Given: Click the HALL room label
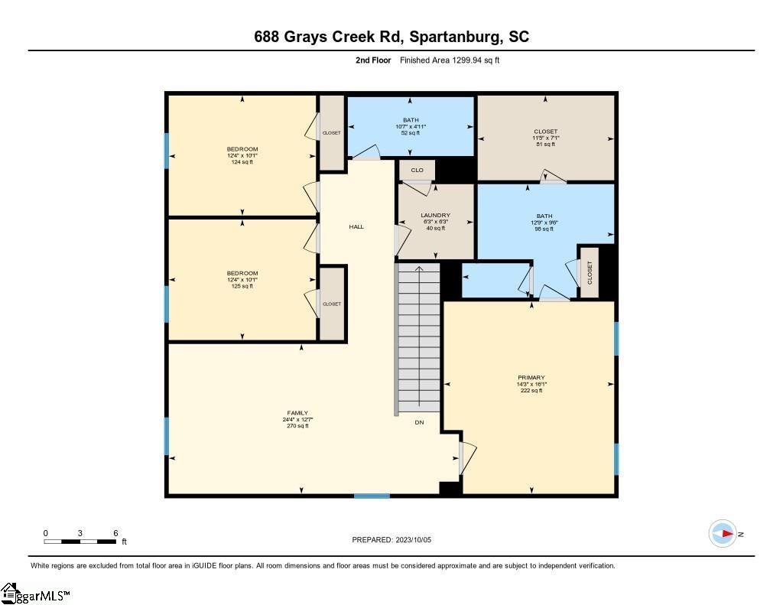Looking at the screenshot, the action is [x=356, y=227].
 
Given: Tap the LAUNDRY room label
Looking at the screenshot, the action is [x=435, y=216].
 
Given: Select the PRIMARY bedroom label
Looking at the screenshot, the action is [x=531, y=378].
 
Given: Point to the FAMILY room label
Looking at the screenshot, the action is [x=297, y=413].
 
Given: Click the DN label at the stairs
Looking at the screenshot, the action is [x=420, y=423].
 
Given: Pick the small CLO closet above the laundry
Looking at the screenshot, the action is [x=417, y=171].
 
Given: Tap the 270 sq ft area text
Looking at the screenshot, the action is [x=297, y=426].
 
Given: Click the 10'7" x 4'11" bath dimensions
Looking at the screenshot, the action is [x=411, y=127].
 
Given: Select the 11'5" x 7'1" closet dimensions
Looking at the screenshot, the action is [x=545, y=138].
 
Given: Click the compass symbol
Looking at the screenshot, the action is [x=723, y=534].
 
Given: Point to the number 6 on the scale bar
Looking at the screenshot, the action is [x=116, y=533].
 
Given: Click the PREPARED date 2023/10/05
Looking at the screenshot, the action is [x=414, y=540].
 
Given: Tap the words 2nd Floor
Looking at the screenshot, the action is [x=373, y=60].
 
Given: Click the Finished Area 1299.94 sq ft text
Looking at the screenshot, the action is [x=450, y=60].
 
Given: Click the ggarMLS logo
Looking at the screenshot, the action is [x=35, y=594].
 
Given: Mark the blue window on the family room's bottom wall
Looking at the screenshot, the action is [x=372, y=496].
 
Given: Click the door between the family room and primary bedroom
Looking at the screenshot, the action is [x=466, y=457].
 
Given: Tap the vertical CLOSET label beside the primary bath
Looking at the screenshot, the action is [x=590, y=273].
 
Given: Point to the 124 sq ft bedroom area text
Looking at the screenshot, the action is [x=242, y=162].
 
